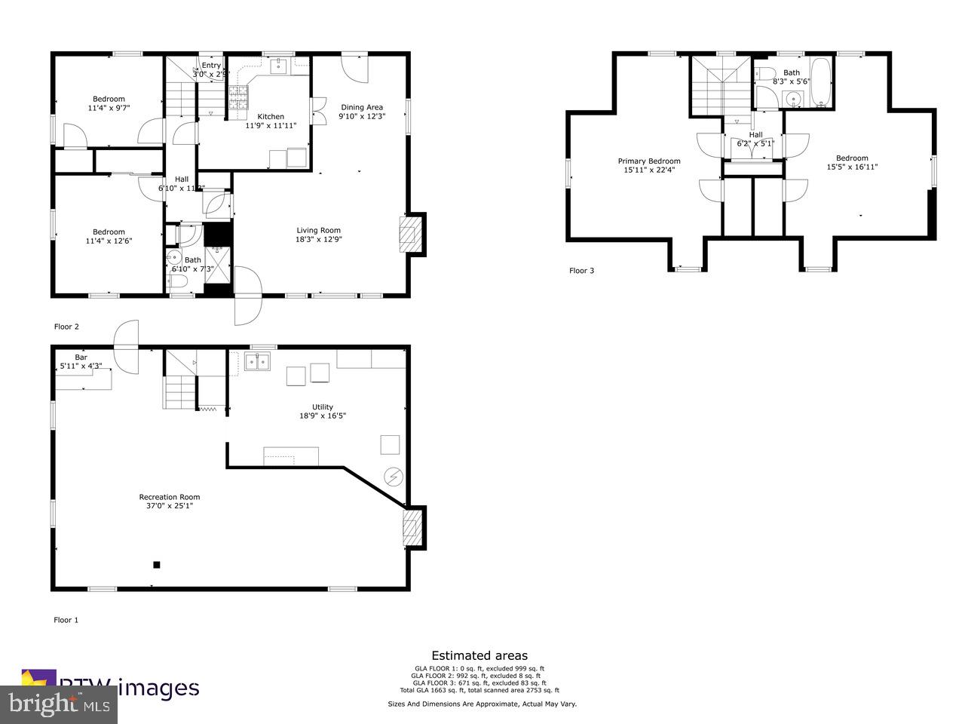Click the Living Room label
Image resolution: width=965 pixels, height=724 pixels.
click(318, 231)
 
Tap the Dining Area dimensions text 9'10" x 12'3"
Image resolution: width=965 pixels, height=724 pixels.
click(362, 116)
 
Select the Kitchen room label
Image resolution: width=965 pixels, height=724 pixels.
click(271, 116)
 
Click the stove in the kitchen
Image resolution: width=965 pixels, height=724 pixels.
click(238, 98)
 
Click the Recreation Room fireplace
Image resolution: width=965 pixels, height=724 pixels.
click(411, 528)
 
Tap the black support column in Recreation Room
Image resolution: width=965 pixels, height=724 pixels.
click(157, 564)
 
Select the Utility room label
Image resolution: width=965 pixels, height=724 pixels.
click(323, 407)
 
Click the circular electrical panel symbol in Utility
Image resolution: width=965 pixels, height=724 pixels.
click(394, 477)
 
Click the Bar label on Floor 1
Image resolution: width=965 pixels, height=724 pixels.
click(81, 357)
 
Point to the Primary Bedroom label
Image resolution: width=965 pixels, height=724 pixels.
click(649, 161)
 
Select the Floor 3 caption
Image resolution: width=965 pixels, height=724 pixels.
click(581, 270)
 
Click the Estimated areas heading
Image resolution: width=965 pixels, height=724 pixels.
click(479, 655)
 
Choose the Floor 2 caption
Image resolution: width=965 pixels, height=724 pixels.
click(66, 327)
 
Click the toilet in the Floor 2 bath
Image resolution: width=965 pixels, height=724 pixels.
click(178, 282)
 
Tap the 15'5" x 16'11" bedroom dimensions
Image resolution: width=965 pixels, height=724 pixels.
click(852, 167)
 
